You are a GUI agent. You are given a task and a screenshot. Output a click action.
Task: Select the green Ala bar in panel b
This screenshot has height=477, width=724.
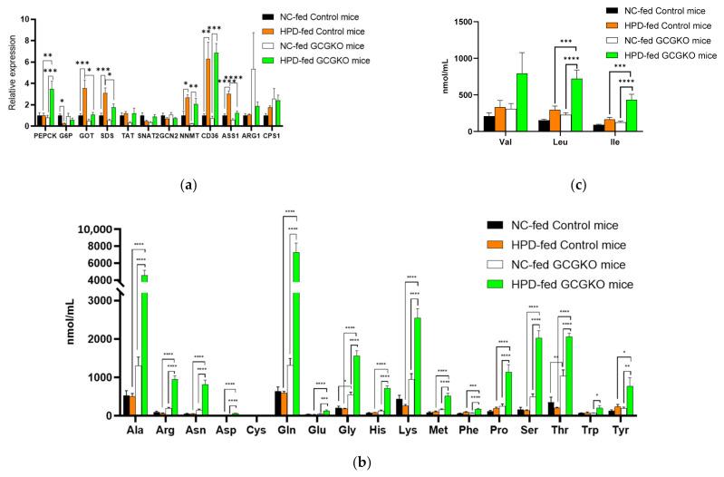coord(143,345)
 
